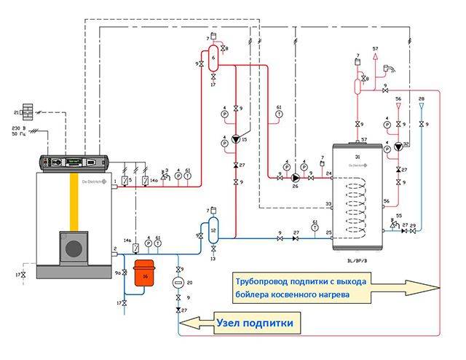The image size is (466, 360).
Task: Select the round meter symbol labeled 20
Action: point(178,281)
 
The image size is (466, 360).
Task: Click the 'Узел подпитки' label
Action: point(254,321)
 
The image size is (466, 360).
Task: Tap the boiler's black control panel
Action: point(73,160)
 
